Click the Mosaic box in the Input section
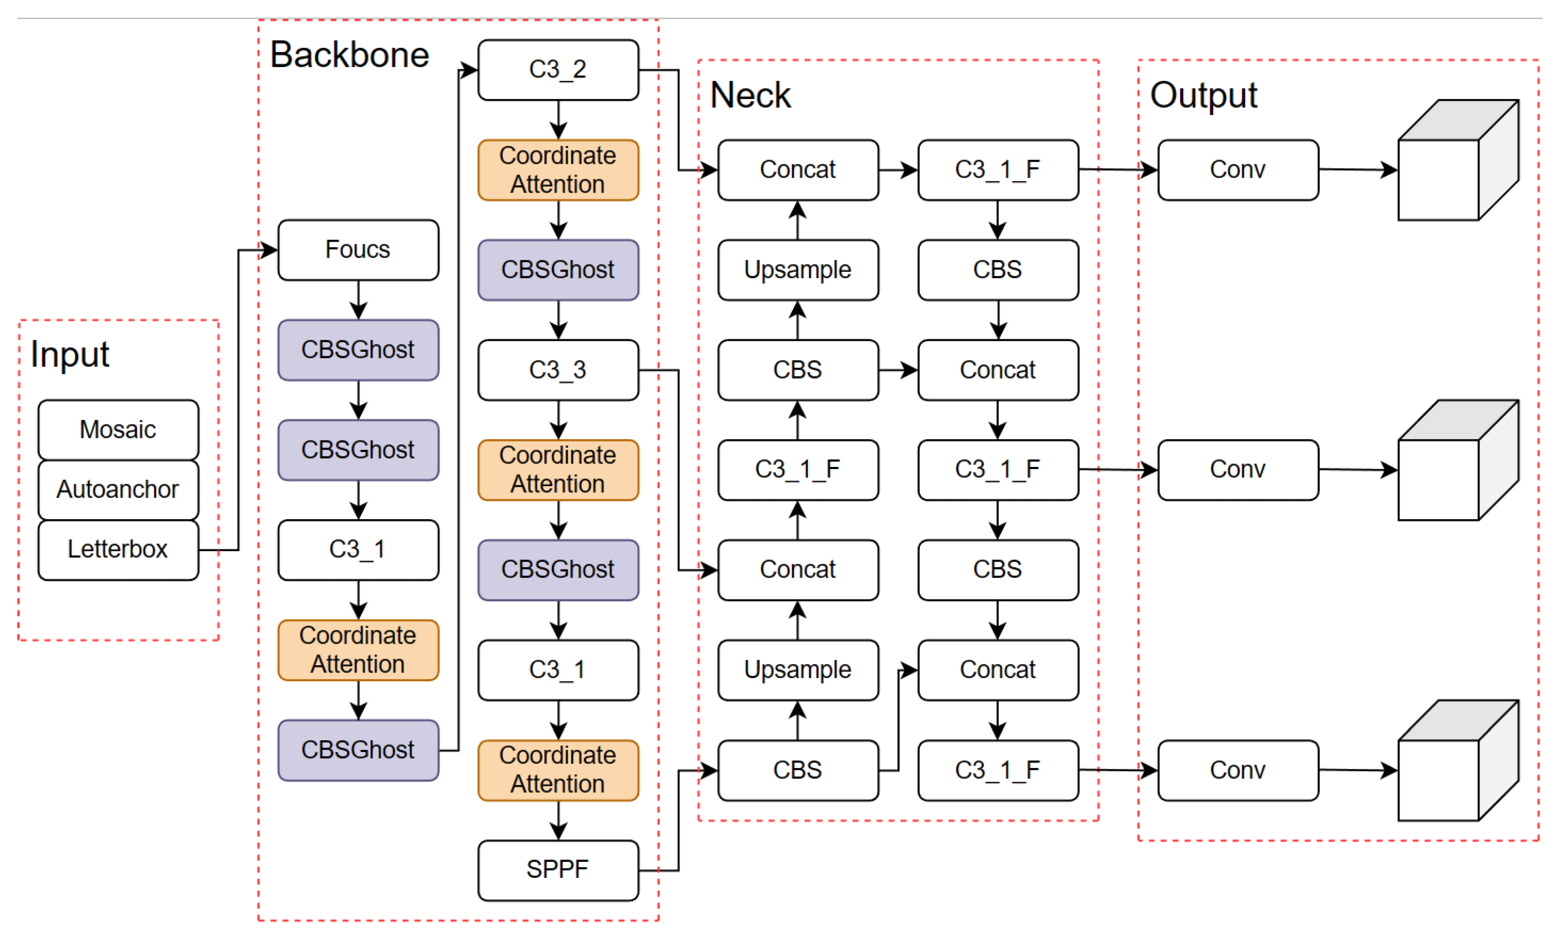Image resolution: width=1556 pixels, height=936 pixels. (118, 429)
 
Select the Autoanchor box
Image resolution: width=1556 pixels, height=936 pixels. (118, 489)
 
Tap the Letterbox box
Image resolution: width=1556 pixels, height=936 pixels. (118, 549)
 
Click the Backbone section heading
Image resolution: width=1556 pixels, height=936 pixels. (350, 55)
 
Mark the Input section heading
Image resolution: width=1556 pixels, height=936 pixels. (70, 354)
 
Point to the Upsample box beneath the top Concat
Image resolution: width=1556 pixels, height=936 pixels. (798, 270)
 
